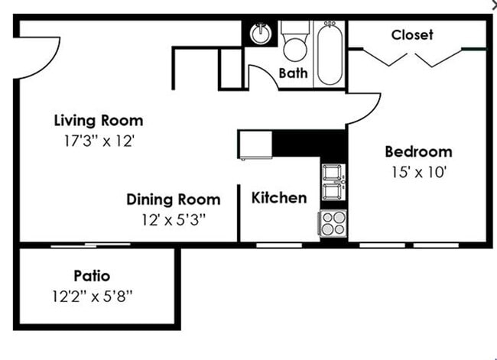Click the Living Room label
pos(98,121)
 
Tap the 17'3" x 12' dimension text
pos(99,141)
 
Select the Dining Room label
pos(173,200)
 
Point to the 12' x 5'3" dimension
pos(172,219)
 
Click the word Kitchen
pos(279,198)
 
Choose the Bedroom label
pos(417,151)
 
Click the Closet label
pos(412,34)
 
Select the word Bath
pos(293,74)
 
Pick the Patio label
pos(92,275)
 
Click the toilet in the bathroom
pos(294,43)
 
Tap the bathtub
pos(331,54)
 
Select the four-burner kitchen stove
pos(333,223)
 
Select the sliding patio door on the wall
pos(90,245)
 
